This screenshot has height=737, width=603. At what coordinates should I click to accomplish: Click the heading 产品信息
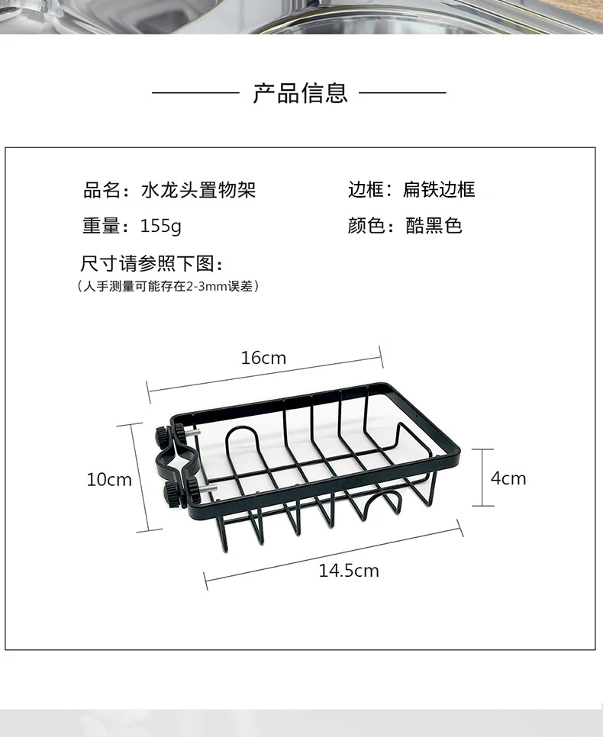[x=300, y=93]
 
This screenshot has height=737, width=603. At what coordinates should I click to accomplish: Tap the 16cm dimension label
[x=263, y=358]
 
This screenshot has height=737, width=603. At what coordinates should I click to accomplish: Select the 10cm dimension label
[x=109, y=480]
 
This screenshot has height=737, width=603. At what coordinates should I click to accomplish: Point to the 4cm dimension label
[x=508, y=478]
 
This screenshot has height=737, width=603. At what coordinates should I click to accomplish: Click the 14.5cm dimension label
[x=349, y=571]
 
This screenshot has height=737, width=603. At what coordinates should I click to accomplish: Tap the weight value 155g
[x=161, y=227]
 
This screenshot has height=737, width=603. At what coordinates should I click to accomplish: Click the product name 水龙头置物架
[x=198, y=190]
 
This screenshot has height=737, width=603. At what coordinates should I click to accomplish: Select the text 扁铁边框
[x=439, y=190]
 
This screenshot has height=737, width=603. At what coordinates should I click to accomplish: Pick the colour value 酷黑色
[x=434, y=227]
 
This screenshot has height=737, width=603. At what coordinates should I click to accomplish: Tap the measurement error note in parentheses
[x=169, y=287]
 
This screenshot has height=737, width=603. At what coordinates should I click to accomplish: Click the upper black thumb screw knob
[x=164, y=437]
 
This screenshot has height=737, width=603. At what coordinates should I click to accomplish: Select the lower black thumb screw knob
[x=172, y=494]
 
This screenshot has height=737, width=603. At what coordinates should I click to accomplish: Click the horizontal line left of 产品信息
[x=195, y=93]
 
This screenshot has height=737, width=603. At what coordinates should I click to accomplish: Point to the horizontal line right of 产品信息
[x=402, y=93]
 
